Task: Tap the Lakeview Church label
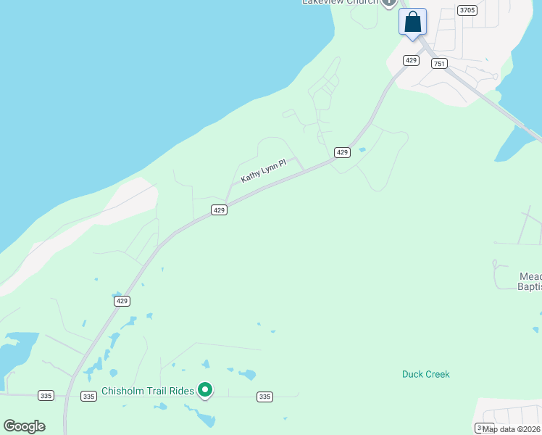340,2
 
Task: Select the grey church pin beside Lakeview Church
389,3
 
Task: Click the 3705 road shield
467,10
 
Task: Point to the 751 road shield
439,64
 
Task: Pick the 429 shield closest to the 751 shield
412,60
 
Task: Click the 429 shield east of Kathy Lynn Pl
343,152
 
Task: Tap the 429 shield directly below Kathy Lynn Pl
220,210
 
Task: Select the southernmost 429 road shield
121,300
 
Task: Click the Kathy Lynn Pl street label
264,171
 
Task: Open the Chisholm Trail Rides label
148,391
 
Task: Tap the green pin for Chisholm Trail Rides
205,390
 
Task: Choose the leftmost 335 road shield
46,396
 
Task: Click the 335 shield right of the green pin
264,397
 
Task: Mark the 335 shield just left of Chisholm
88,397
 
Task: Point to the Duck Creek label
426,374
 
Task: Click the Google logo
25,426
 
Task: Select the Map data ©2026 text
512,429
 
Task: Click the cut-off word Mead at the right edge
530,276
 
